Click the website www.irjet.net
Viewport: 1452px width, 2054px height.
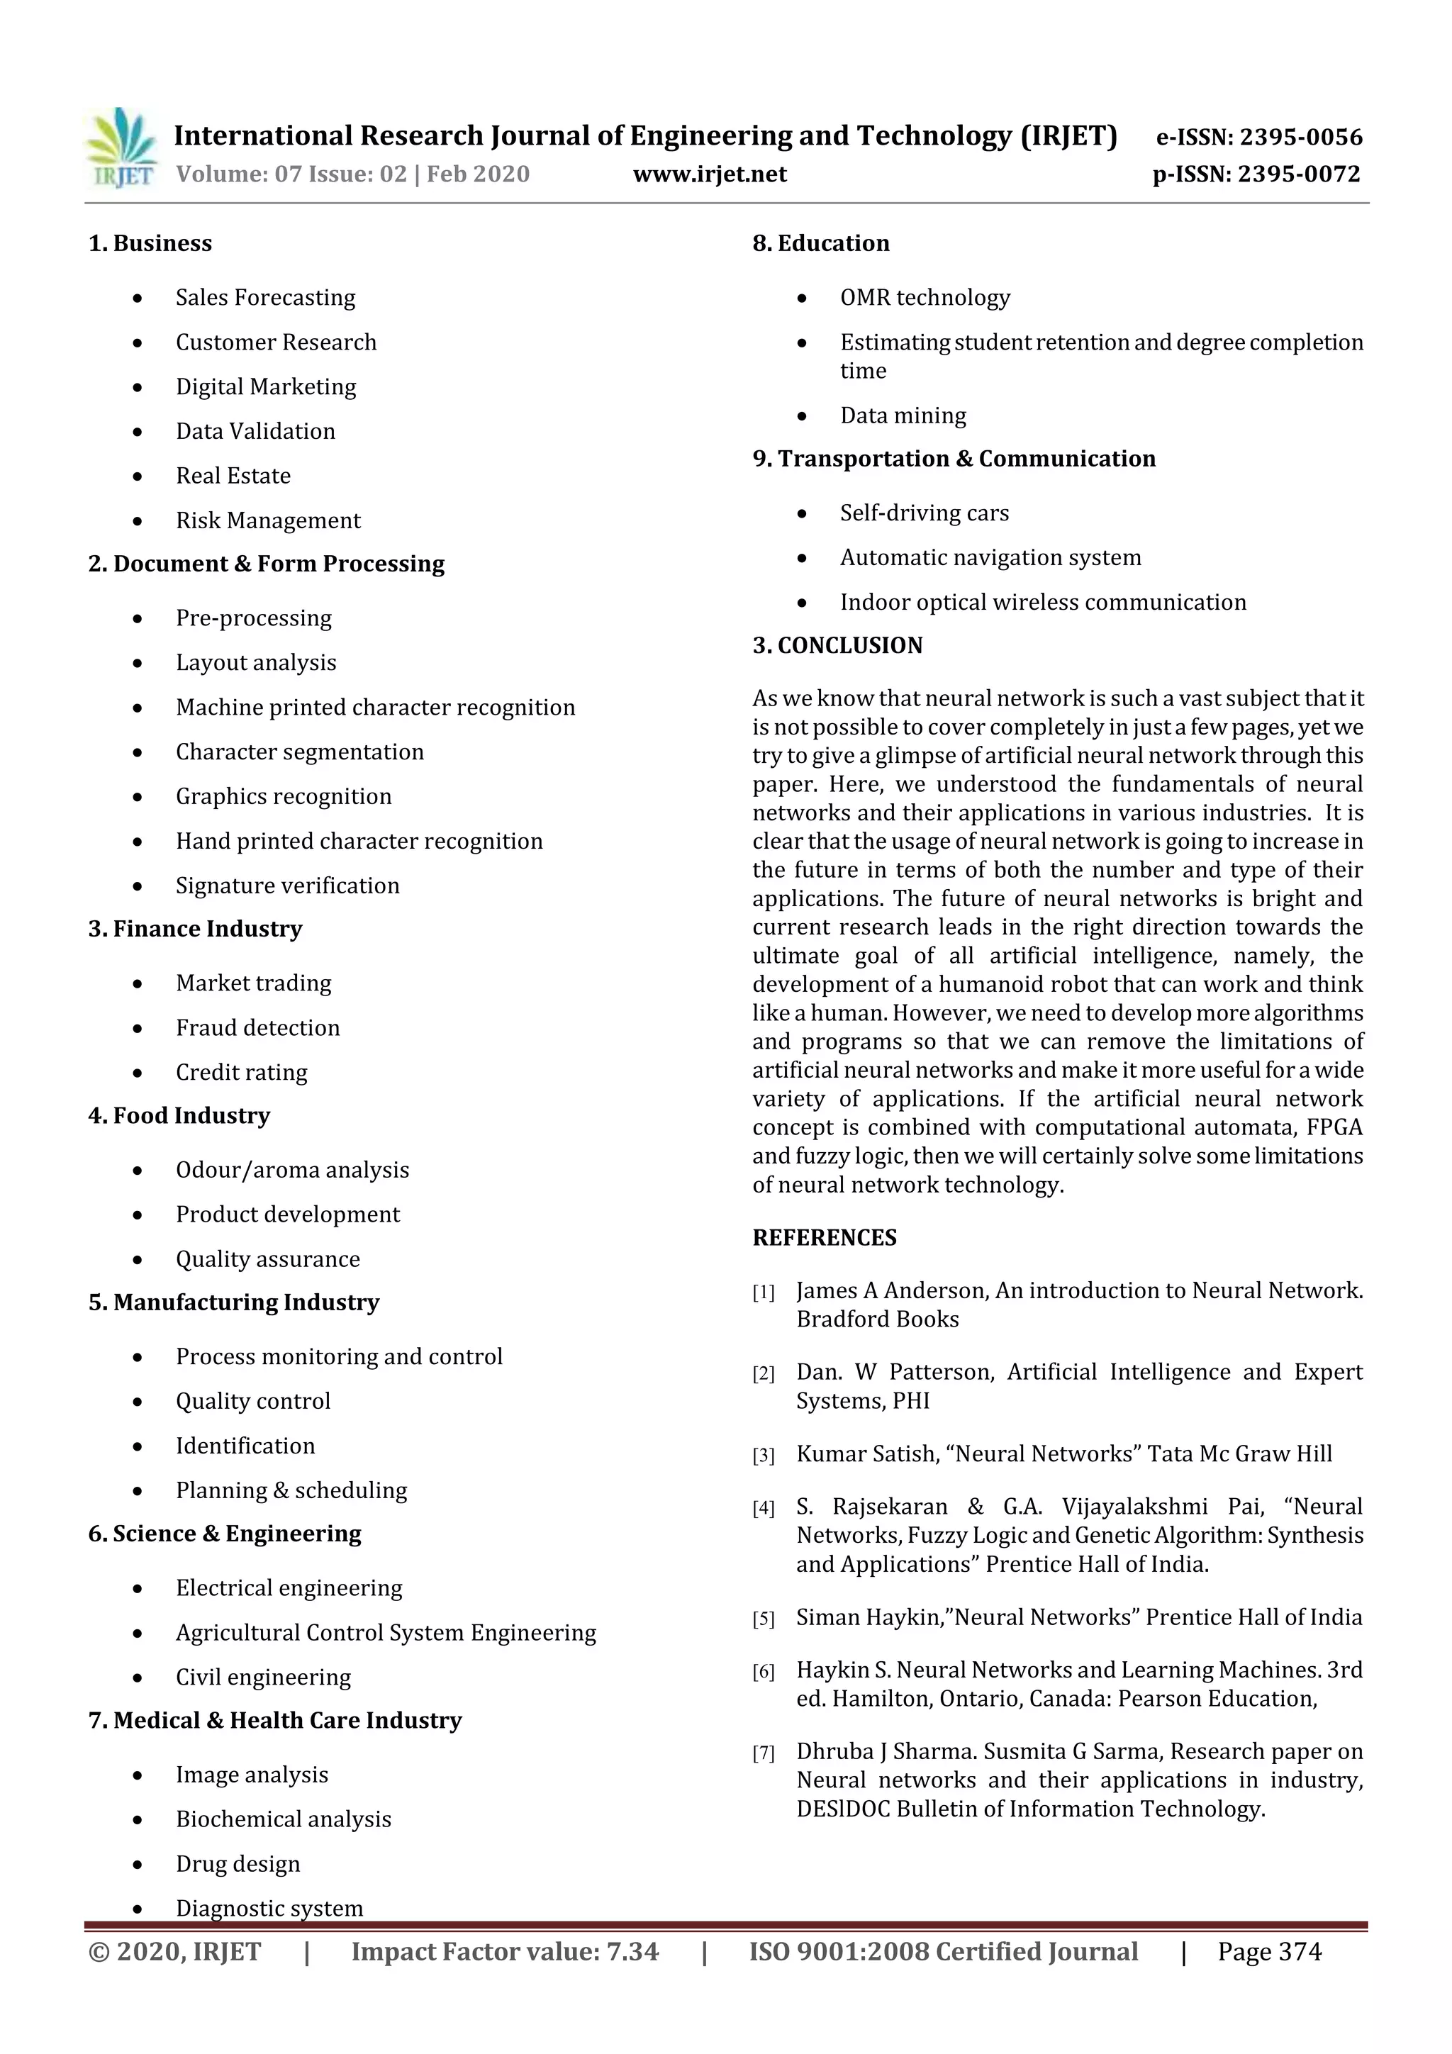point(710,174)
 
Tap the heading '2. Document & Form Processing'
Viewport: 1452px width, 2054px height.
point(266,564)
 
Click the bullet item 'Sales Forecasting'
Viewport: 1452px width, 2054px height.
point(265,297)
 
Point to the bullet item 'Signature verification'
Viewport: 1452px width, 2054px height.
point(287,886)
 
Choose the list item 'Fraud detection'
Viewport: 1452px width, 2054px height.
point(257,1028)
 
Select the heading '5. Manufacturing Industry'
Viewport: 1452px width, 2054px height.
point(233,1302)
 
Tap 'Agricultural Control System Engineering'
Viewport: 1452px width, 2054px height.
point(386,1633)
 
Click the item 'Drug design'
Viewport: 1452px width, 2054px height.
point(238,1865)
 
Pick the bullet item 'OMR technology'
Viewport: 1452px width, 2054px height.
point(925,297)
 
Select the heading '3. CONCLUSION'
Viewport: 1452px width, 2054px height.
point(837,645)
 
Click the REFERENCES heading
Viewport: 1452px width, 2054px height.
point(824,1238)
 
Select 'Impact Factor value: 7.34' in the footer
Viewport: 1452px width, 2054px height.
point(505,1952)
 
